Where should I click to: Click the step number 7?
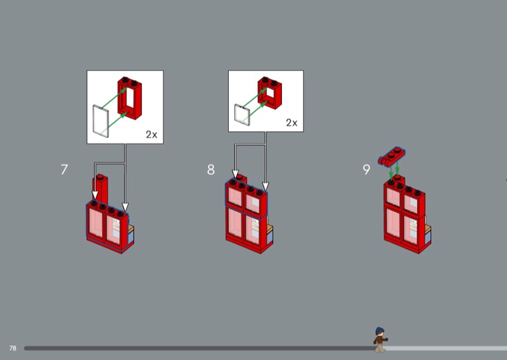(65, 169)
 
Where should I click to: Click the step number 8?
(211, 169)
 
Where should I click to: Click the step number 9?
(366, 169)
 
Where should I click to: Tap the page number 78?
(13, 348)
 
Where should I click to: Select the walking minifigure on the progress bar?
(380, 340)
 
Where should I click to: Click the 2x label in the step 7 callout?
(151, 134)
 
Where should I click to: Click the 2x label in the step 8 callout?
(292, 122)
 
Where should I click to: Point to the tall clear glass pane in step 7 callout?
(101, 121)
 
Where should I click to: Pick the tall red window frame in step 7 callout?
(130, 98)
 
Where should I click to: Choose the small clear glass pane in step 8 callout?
(242, 115)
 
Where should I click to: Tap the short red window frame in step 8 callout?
(270, 93)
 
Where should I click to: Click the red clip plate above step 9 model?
(392, 156)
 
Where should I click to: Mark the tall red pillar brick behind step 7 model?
(101, 190)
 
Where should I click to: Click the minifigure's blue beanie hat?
(380, 331)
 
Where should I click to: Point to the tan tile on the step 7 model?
(131, 229)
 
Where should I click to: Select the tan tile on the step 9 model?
(428, 229)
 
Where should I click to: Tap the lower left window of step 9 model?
(394, 222)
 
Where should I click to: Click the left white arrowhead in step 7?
(94, 195)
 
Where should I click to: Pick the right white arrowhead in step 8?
(266, 186)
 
